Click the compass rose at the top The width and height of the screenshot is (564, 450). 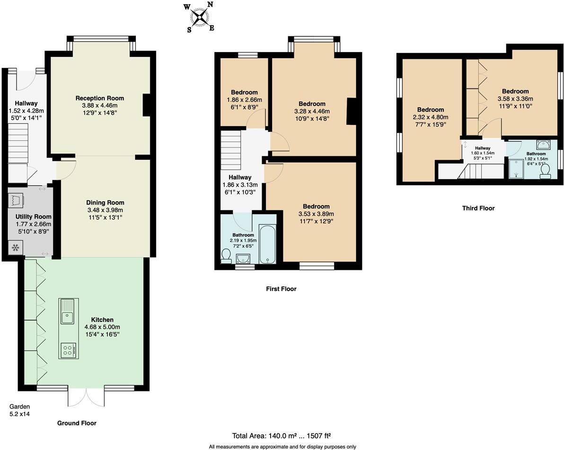point(200,17)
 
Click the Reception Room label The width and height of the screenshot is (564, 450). point(100,98)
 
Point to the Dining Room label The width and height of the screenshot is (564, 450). point(105,202)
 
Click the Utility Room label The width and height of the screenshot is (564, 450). point(33,216)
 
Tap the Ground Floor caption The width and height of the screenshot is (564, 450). point(77,423)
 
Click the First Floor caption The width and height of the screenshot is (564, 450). point(281,289)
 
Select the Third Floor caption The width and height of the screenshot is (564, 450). point(478,208)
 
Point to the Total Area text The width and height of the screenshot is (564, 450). point(284,436)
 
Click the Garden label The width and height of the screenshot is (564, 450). point(20,407)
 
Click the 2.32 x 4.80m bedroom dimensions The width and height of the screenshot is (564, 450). point(431,117)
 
